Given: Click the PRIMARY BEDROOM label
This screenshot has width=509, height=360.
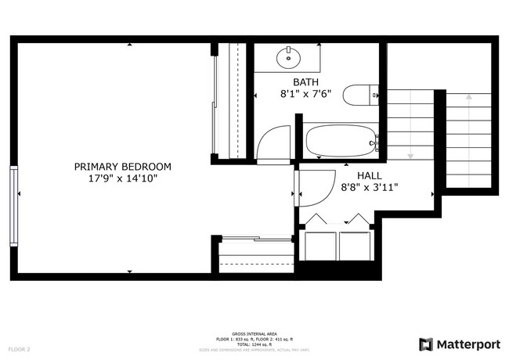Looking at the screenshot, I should coord(122,167).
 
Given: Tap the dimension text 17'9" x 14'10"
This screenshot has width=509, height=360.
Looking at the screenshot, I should coord(122,178).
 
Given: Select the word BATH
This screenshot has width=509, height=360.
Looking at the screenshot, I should coord(305,82).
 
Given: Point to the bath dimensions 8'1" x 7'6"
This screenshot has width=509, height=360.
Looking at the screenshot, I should coord(305,94).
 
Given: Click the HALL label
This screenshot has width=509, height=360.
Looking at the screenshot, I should coord(370,175).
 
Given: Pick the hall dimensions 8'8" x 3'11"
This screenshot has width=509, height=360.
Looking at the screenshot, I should coord(370,188).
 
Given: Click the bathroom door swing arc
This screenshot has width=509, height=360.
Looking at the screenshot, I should coord(270,142).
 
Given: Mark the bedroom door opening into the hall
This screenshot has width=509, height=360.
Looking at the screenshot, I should coord(312,187).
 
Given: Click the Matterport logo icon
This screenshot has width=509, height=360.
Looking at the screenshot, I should coord(425,344).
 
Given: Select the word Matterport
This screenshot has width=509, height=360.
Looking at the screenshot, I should coord(468,344).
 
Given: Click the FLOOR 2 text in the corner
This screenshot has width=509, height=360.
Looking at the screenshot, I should coord(19,349).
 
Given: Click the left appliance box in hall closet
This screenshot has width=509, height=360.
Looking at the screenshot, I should coord(319,246).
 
